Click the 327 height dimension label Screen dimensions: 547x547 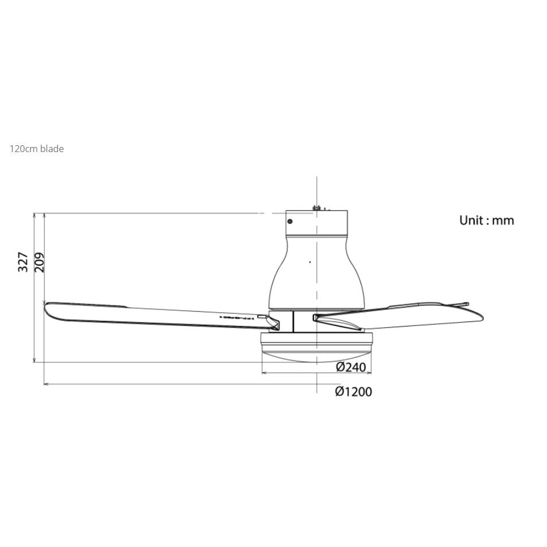point(23,262)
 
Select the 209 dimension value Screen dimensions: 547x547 point(39,262)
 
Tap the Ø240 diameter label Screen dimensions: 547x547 point(351,367)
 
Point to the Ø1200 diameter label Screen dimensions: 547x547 point(353,391)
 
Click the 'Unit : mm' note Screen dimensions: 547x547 point(486,220)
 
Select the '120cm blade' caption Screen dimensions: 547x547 point(37,149)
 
